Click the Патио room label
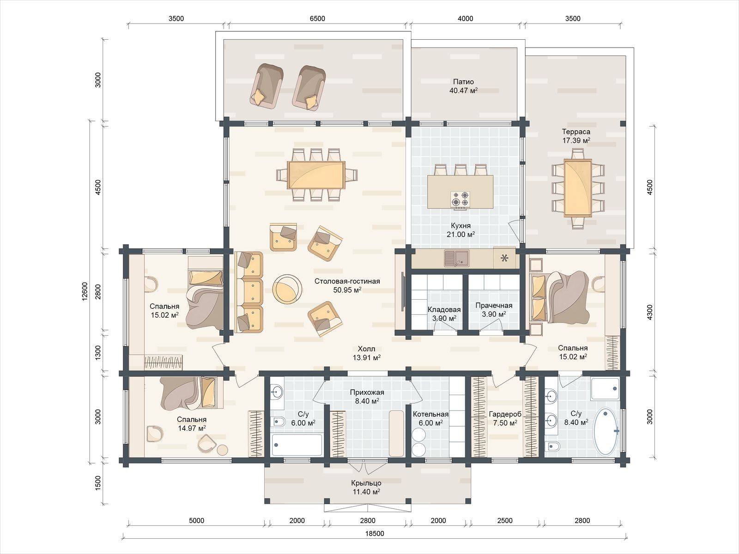[x=463, y=82]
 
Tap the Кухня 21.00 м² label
[x=460, y=230]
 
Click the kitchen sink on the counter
[x=456, y=258]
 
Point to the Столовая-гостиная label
[x=347, y=281]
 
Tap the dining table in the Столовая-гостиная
[x=316, y=175]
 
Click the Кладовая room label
[x=444, y=309]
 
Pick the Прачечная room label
[x=494, y=306]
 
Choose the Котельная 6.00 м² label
[x=430, y=418]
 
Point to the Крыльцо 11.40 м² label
[x=366, y=488]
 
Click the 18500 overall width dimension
[x=375, y=534]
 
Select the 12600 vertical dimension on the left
[x=85, y=291]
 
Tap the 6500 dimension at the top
[x=317, y=18]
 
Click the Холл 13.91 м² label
[x=366, y=353]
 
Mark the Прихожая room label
[x=367, y=392]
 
